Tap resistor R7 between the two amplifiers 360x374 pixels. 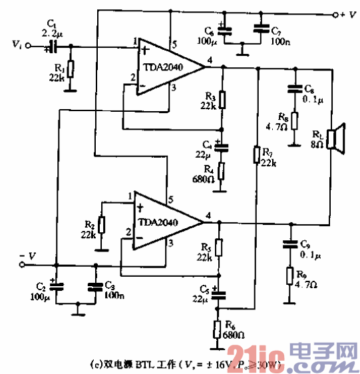(256, 155)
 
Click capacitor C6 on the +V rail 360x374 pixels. (222, 30)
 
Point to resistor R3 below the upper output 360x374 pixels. (222, 100)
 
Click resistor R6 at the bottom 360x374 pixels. (218, 329)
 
